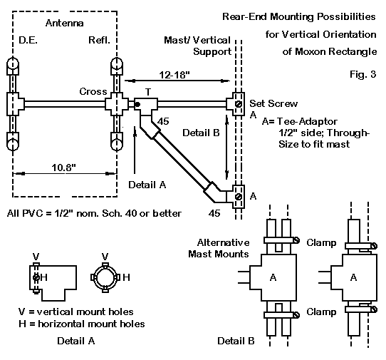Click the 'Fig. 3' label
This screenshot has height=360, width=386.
363,74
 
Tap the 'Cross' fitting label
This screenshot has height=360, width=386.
93,91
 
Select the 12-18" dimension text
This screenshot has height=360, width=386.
174,75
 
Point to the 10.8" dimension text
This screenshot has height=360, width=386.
63,168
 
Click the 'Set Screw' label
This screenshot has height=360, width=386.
273,103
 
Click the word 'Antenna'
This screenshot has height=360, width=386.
65,23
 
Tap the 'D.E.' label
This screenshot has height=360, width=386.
28,40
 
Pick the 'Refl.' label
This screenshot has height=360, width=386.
99,40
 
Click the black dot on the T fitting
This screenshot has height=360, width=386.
137,105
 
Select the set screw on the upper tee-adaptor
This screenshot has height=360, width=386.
239,104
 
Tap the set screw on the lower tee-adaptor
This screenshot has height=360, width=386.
239,197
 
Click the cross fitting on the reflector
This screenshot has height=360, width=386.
117,105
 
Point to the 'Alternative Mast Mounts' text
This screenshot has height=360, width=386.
219,248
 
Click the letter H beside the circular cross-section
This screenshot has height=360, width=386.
126,277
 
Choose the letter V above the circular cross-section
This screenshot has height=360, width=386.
105,257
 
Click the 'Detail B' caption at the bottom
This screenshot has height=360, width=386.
236,341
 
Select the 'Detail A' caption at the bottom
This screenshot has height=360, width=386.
75,341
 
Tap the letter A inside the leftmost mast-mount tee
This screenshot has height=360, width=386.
273,277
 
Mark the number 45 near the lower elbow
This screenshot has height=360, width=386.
214,213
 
